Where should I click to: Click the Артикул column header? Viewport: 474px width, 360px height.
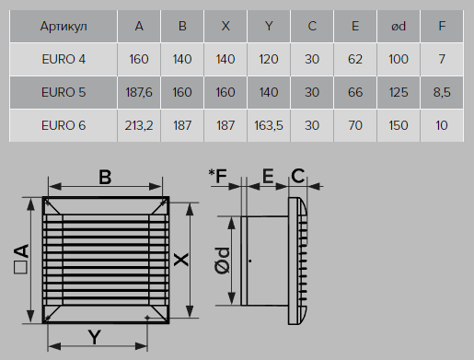tap(64, 27)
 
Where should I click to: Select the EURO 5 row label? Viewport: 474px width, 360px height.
tap(64, 92)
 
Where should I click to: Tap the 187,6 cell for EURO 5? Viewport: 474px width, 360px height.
tap(139, 92)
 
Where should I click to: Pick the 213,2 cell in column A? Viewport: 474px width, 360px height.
tap(139, 125)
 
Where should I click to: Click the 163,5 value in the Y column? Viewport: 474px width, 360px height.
tap(269, 125)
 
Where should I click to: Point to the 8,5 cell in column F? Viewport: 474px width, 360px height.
tap(442, 92)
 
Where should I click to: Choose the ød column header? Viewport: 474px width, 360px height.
tap(399, 27)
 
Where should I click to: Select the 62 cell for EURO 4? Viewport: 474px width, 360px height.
tap(355, 59)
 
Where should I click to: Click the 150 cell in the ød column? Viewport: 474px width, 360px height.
tap(399, 125)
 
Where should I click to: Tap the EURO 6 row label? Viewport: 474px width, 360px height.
tap(64, 125)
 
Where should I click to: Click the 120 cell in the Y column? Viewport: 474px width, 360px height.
tap(269, 59)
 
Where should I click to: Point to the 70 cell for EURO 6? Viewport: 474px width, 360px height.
tap(355, 125)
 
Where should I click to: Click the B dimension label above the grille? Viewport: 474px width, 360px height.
tap(105, 177)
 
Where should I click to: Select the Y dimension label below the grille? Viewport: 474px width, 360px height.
tap(95, 337)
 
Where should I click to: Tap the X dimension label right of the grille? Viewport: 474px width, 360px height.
tap(181, 260)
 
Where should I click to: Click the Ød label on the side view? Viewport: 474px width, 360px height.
tap(223, 261)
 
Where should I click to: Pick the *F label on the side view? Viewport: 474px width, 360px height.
tap(217, 176)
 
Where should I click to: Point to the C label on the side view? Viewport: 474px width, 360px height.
tap(297, 176)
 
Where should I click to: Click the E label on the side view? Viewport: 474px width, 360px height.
tap(268, 176)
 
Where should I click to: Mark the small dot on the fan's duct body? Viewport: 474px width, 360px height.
tap(250, 261)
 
